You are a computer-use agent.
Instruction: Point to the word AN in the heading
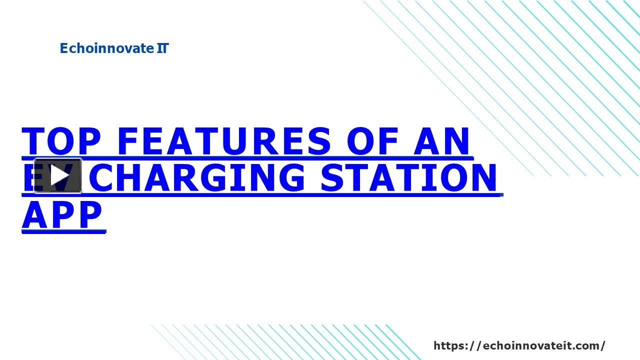(442, 141)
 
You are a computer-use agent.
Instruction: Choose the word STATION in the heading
(409, 177)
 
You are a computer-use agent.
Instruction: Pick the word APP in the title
(62, 215)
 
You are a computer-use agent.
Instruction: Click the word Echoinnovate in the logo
(106, 48)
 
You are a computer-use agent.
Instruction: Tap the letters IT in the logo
(162, 48)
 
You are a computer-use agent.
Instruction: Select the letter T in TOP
(34, 141)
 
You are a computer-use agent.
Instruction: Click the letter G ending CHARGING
(288, 177)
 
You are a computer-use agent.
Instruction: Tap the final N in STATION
(482, 177)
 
